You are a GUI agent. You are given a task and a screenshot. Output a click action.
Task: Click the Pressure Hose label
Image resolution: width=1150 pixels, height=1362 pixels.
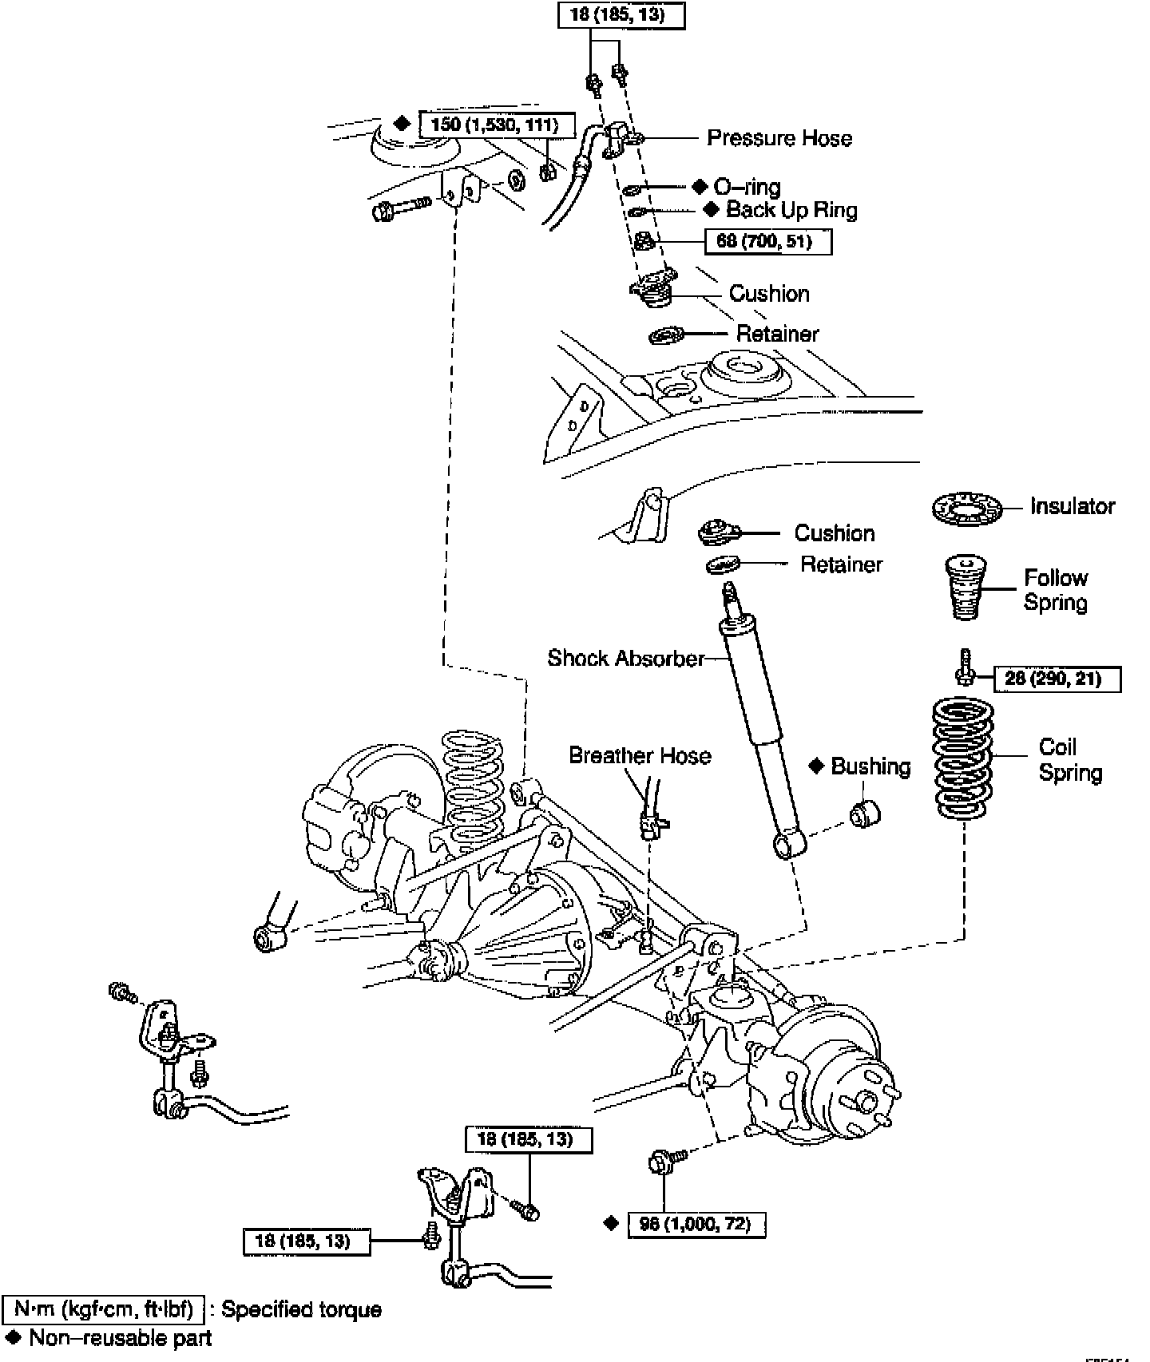pos(779,138)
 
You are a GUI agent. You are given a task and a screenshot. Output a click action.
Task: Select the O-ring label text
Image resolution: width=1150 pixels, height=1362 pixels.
pos(747,188)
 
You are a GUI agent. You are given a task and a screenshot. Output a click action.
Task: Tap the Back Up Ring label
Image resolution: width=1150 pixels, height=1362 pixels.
pos(791,210)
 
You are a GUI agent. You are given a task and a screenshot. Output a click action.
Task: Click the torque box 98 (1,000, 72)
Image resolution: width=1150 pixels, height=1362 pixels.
pos(696,1224)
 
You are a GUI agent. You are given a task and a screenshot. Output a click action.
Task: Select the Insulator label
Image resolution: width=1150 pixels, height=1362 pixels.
pos(1072,506)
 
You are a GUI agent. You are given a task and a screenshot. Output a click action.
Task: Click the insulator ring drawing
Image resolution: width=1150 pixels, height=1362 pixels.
pos(966,508)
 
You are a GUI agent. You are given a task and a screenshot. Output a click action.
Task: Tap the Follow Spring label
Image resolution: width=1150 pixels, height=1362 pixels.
pos(1055,590)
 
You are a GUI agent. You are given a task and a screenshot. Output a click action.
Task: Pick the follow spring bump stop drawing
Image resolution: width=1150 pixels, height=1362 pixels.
pos(965,588)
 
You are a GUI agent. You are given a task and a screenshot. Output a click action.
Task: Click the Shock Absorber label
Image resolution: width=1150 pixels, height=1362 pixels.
pos(626,658)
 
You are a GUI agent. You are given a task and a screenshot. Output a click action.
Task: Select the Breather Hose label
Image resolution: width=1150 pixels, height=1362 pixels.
pos(640,756)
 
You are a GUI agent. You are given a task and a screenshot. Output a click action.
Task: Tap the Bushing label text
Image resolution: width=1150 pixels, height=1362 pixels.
pos(870,766)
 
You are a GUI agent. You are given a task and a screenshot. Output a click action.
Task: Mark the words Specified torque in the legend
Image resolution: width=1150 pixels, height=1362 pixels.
pos(301,1309)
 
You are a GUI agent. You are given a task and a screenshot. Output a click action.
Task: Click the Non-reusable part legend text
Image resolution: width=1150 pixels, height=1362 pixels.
pos(120,1339)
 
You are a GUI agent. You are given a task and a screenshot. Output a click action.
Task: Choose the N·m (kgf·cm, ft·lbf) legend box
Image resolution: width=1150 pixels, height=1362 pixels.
pos(104,1309)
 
